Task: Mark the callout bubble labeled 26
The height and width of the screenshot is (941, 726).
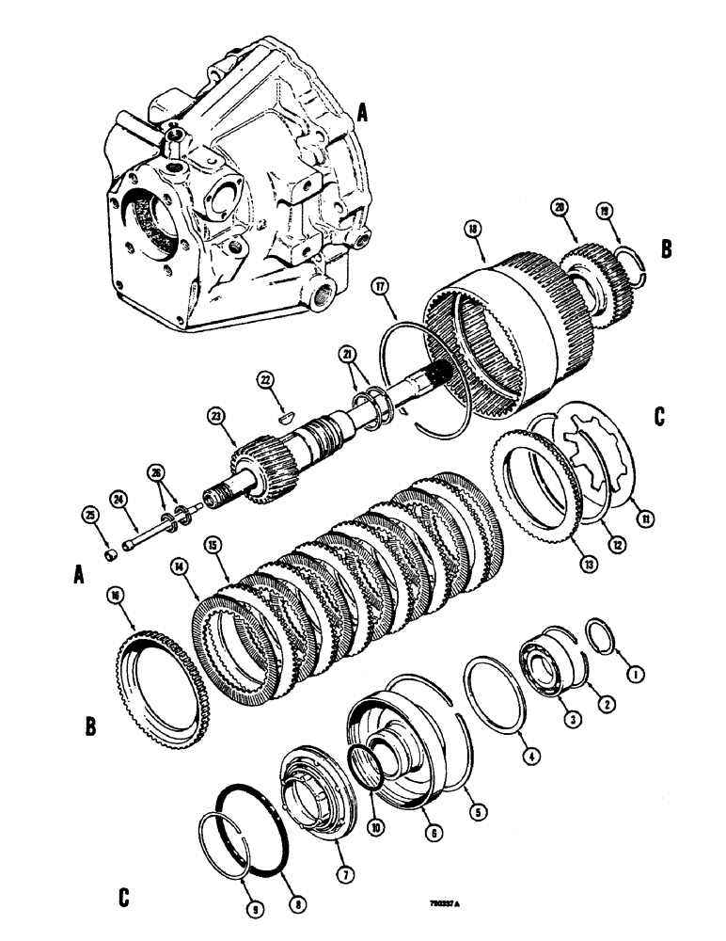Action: [x=156, y=471]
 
